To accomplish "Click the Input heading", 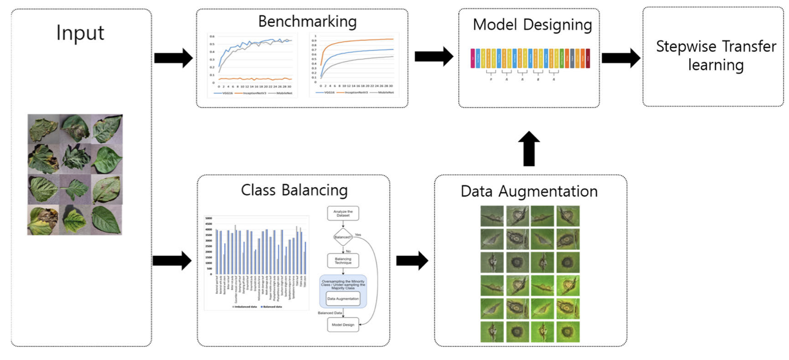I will pos(80,32).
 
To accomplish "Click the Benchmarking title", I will pos(307,21).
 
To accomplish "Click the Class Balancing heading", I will pos(294,190).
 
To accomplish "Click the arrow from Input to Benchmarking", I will pos(173,58).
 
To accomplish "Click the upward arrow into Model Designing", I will pos(528,149).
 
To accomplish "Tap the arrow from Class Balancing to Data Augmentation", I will pos(411,261).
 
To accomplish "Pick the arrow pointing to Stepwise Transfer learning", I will pos(621,58).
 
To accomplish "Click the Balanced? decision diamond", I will pos(342,238).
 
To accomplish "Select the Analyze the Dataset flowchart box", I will pos(342,213).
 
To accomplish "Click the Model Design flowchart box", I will pos(343,325).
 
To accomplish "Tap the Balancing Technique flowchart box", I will pos(342,260).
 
